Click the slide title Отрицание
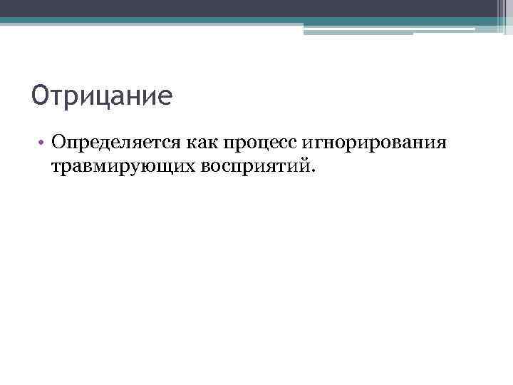[102, 96]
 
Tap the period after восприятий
[311, 171]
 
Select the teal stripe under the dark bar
[214, 21]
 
